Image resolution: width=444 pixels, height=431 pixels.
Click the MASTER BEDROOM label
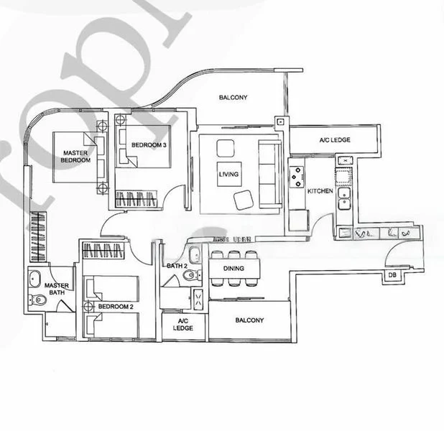75,157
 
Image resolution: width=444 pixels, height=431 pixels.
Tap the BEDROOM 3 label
149,145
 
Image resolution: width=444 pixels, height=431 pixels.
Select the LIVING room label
229,174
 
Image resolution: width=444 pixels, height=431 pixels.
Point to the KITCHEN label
320,192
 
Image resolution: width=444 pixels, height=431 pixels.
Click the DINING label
233,269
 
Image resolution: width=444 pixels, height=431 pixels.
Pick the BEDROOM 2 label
116,307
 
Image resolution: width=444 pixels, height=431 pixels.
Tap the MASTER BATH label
56,289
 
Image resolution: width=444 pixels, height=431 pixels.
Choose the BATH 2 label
177,267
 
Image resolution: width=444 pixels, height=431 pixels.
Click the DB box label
392,275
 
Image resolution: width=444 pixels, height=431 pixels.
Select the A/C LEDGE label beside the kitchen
335,139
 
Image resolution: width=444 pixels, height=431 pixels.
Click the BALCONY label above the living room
233,98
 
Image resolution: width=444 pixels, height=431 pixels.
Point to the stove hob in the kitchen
297,175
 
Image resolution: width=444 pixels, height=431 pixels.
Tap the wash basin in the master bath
35,278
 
